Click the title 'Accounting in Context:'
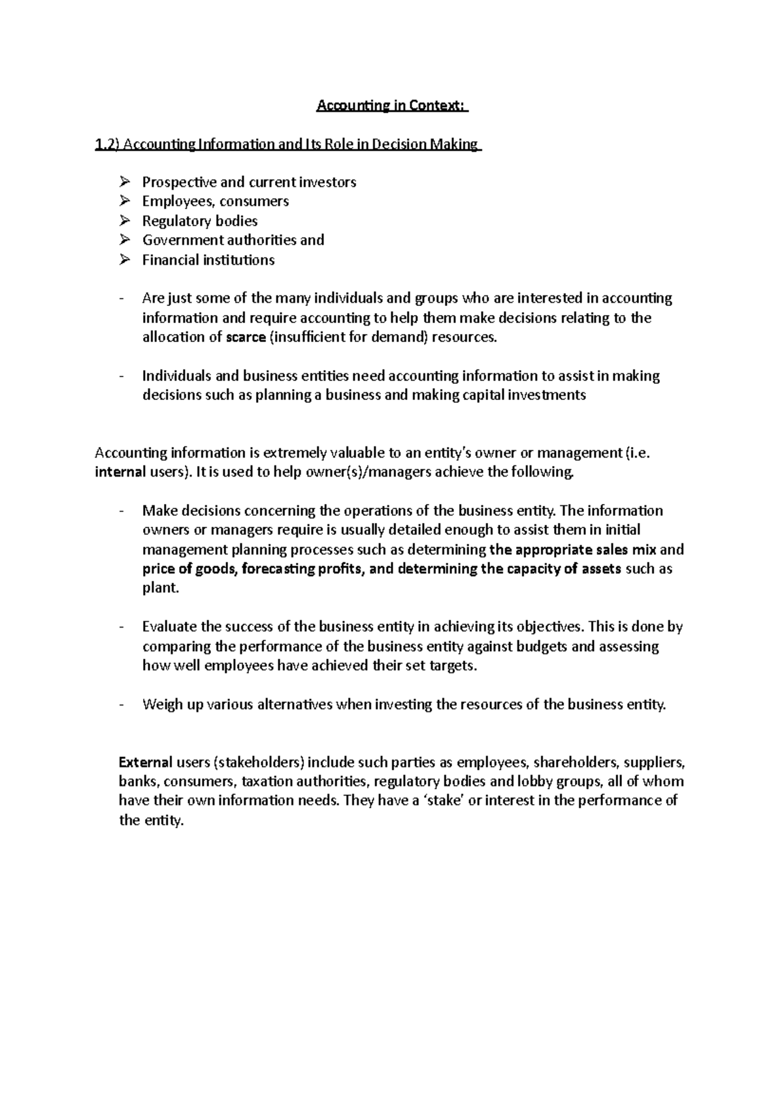(392, 106)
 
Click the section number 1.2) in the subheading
(107, 144)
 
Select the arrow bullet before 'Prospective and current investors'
(126, 182)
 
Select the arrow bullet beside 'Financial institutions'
(126, 260)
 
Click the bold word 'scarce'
(246, 337)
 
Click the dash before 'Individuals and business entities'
(122, 376)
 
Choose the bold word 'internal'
(118, 472)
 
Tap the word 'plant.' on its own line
(160, 588)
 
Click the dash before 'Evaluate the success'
(122, 627)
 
